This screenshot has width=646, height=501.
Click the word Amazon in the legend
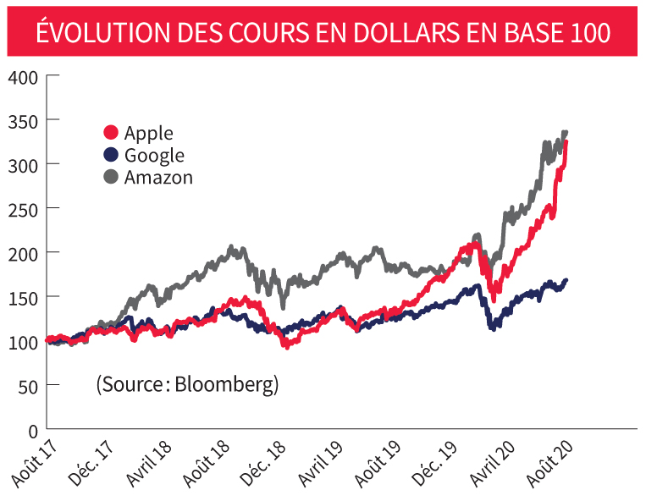point(158,177)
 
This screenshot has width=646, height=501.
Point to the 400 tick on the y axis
point(23,76)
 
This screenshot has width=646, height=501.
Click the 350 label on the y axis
point(23,120)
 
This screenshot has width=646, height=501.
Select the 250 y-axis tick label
point(23,208)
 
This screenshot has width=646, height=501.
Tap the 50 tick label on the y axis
point(27,385)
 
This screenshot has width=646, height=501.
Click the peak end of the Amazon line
point(565,133)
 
